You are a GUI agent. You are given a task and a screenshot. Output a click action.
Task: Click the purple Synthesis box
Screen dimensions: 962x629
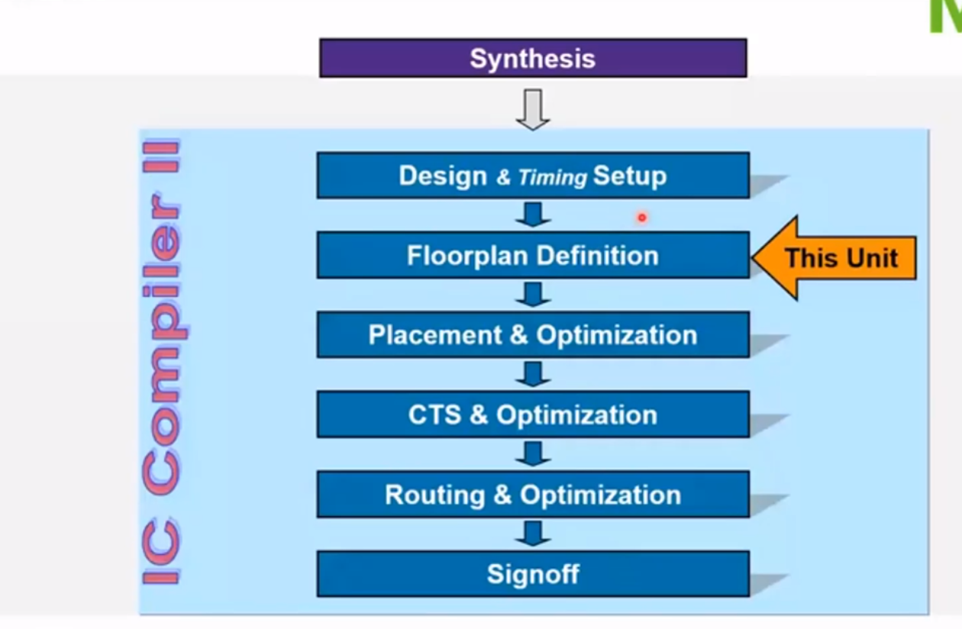tap(532, 58)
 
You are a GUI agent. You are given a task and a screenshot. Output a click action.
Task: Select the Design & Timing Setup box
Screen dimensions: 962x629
tap(532, 176)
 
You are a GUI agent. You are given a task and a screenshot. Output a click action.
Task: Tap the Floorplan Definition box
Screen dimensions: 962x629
tap(532, 255)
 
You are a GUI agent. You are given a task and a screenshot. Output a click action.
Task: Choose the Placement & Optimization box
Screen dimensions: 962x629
tap(532, 335)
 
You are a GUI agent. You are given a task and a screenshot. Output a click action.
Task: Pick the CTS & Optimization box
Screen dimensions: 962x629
tap(532, 414)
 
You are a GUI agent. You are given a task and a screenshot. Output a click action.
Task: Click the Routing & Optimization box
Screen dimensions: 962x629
tap(532, 495)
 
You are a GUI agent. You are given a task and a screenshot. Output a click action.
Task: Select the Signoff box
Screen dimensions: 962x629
tap(532, 574)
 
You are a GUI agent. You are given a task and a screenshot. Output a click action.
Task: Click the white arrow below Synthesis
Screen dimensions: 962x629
tap(532, 108)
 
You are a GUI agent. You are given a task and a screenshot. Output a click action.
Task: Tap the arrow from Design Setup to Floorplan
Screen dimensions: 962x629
tap(532, 215)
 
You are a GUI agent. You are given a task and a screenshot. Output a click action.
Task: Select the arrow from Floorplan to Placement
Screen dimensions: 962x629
tap(532, 294)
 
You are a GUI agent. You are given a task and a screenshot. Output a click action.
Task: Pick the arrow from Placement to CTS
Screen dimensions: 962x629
tap(532, 374)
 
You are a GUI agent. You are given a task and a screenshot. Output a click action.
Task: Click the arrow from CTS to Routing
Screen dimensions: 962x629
tap(532, 453)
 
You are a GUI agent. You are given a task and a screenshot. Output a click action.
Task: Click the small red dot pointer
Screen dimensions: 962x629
tap(642, 218)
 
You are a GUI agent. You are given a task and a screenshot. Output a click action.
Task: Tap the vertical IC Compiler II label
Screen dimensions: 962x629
tap(162, 363)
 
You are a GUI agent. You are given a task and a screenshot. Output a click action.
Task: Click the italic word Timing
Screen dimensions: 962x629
tap(552, 178)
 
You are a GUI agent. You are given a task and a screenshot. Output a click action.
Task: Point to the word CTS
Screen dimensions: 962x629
tap(435, 415)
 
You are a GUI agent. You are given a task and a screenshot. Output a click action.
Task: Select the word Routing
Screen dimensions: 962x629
tap(434, 495)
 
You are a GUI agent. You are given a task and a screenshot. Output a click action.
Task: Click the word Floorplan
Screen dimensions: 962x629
tap(466, 256)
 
